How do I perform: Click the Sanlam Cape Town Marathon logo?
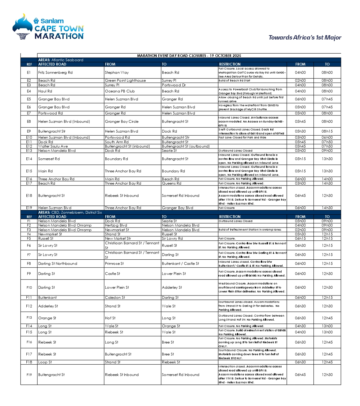click(x=48, y=27)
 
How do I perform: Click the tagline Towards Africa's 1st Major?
click(x=305, y=37)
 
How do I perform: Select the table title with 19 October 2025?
click(x=189, y=56)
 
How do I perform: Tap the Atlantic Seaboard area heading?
click(x=61, y=60)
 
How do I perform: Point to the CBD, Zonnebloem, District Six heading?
click(x=70, y=212)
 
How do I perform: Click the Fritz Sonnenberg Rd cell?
click(x=55, y=73)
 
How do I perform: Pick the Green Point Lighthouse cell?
click(x=125, y=81)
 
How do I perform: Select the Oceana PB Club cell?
click(x=120, y=91)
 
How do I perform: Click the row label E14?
click(x=29, y=159)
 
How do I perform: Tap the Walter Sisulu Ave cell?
click(x=53, y=146)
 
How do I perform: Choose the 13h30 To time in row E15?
click(x=327, y=171)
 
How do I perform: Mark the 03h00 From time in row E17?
click(x=300, y=183)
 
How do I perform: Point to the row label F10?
click(x=29, y=288)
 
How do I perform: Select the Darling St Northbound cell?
click(x=58, y=264)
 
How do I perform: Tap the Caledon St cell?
click(x=115, y=298)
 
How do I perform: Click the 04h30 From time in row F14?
click(x=300, y=326)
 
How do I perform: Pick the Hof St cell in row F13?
click(x=110, y=318)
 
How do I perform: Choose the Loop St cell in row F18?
click(x=45, y=362)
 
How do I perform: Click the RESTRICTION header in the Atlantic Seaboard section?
click(x=230, y=64)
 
